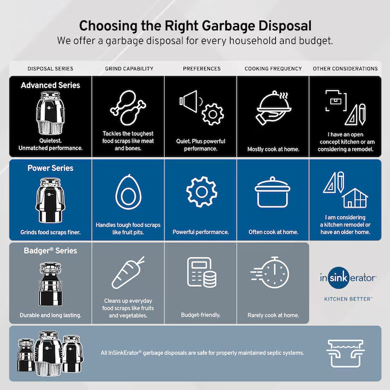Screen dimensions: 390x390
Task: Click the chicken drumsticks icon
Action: pos(127,107)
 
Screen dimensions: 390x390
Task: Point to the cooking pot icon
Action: pos(273,193)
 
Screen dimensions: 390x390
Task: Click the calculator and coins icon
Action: pos(200,273)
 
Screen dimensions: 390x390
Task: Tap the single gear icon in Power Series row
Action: pos(200,193)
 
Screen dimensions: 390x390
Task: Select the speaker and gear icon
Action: pos(200,107)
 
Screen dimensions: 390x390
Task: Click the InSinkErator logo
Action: pos(348,278)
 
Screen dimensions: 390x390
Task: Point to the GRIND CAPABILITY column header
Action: pos(129,69)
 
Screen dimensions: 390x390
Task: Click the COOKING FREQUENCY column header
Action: pos(273,69)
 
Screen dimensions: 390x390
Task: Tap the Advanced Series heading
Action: pos(50,85)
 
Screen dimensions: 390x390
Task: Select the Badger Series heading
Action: pos(50,251)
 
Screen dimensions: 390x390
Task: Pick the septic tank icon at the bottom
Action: pos(345,353)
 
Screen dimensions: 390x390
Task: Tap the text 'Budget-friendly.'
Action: pos(200,315)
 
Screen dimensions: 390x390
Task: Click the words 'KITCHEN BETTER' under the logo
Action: pos(348,299)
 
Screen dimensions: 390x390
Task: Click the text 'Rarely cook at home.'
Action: pos(273,315)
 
